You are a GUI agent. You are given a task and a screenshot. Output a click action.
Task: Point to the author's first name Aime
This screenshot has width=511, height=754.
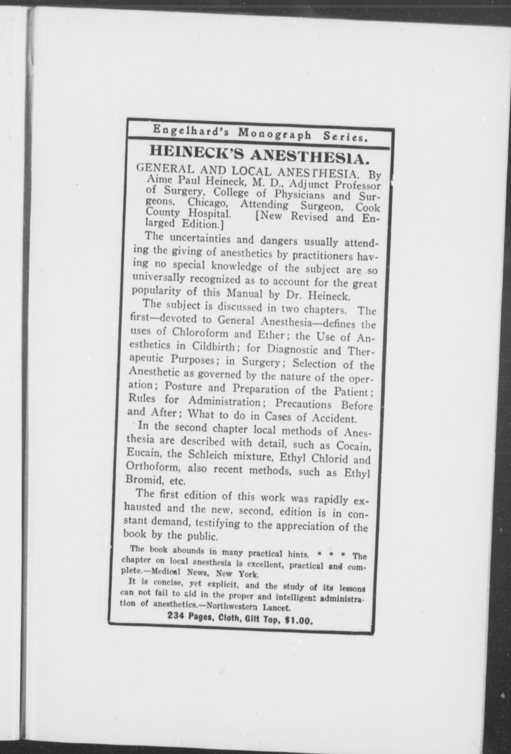pyautogui.click(x=157, y=179)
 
